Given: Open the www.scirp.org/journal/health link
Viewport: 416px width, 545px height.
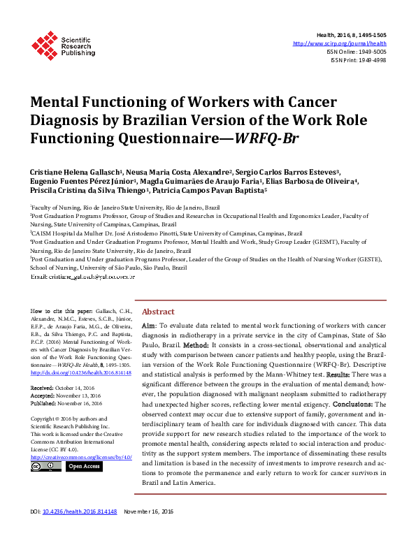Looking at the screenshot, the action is tap(350, 43).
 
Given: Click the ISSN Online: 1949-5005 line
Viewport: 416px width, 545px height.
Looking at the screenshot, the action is tap(356, 52).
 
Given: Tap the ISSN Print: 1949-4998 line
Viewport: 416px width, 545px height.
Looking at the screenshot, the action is tap(358, 60).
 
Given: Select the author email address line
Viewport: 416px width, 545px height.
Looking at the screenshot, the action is tap(83, 277).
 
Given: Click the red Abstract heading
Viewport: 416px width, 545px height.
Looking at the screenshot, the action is tap(159, 312).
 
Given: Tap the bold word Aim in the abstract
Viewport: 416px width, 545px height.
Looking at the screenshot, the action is tap(149, 326).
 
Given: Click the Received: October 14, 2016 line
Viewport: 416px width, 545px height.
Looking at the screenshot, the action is tap(66, 388).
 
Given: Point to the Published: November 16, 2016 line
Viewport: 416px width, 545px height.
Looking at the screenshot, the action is tap(67, 403).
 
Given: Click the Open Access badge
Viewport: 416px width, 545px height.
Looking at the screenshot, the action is tap(83, 467).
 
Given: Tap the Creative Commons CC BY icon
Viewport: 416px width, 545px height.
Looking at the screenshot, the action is tap(46, 467).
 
